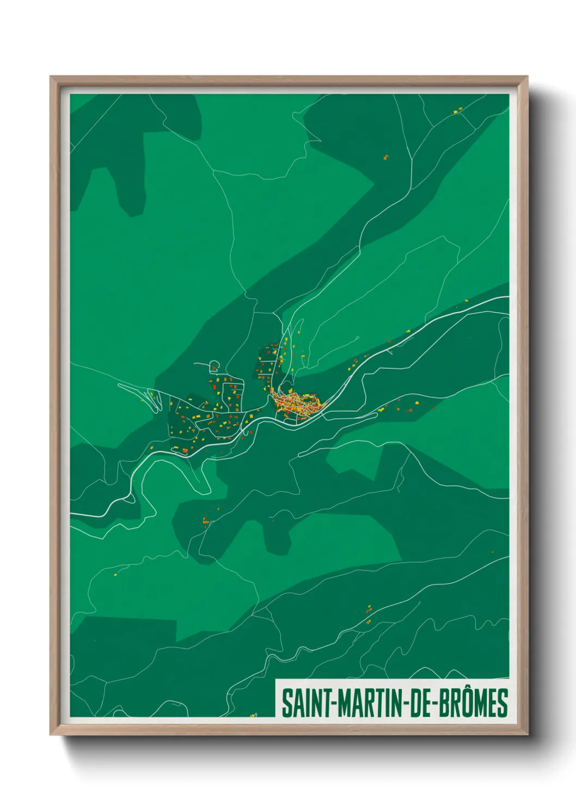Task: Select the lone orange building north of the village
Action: (x=386, y=158)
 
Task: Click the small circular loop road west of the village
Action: (x=214, y=365)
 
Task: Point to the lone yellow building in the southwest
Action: (x=115, y=573)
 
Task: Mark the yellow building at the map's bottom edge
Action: (x=253, y=715)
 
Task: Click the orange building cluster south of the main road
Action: (x=206, y=520)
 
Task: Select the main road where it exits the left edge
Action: (x=72, y=514)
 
